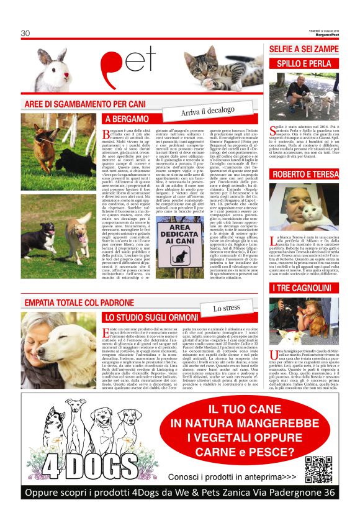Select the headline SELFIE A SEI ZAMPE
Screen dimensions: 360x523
tap(304, 49)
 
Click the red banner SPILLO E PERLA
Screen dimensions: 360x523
tap(304, 63)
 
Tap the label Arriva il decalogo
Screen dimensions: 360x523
tap(207, 111)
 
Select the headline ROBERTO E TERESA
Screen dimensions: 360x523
tap(304, 174)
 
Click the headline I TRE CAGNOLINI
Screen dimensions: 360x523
tap(304, 288)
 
